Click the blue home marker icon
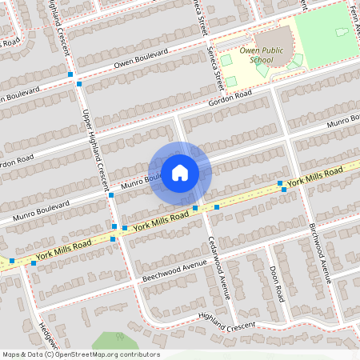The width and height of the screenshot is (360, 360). tap(180, 173)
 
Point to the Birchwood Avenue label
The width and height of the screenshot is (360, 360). tap(320, 252)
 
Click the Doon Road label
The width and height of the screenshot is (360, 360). tap(277, 283)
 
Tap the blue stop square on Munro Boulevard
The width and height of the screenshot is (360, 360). tap(110, 195)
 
